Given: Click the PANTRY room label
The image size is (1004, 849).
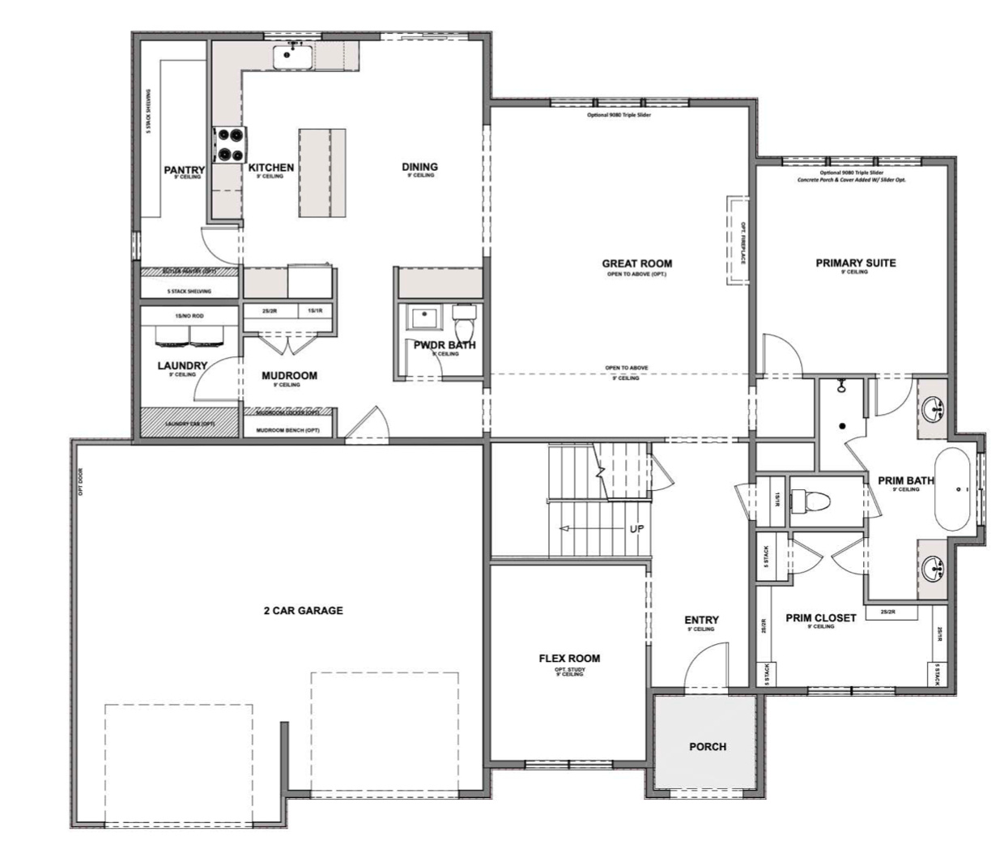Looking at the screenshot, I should click(184, 170).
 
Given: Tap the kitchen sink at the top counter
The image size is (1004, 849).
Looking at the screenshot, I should click(292, 57).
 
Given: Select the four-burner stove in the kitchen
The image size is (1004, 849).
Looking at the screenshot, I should click(229, 145).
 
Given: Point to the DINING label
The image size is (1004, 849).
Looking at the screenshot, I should click(419, 167).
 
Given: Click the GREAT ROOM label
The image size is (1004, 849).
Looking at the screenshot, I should click(636, 263).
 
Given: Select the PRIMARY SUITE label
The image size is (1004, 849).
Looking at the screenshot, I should click(855, 263).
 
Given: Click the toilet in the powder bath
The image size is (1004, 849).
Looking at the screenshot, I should click(465, 325).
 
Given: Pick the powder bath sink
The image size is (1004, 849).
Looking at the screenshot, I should click(422, 318).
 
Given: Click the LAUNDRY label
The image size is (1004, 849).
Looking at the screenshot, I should click(182, 365).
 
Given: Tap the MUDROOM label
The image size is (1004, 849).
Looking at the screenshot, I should click(289, 376).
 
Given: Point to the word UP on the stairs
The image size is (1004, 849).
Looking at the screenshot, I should click(637, 529).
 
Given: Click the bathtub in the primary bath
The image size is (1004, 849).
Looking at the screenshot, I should click(957, 490).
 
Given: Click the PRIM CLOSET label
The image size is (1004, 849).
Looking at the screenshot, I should click(820, 618).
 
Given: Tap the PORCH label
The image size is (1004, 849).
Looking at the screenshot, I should click(707, 746).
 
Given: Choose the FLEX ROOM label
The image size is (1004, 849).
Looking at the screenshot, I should click(569, 659).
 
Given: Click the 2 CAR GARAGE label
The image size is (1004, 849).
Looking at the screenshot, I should click(303, 611).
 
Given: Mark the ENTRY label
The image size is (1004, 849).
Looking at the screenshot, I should click(700, 620).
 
